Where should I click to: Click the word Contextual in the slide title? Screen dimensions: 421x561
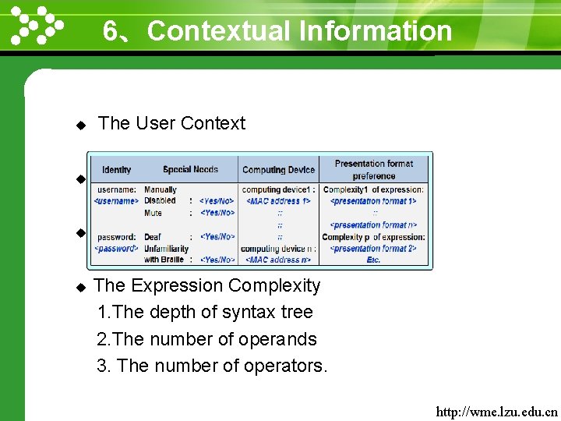tap(218, 31)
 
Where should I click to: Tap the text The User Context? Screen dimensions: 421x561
tap(171, 123)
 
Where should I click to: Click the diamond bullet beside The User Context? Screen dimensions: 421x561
tap(79, 125)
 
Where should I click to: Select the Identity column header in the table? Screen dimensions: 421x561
tap(116, 169)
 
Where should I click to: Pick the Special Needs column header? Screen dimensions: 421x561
tap(190, 169)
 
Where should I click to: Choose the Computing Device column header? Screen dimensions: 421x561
tap(278, 169)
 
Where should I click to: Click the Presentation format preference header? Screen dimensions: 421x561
tap(374, 169)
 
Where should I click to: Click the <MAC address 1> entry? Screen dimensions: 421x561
tap(278, 201)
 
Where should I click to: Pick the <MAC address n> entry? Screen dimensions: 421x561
tap(278, 260)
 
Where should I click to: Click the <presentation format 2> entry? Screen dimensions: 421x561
tap(373, 248)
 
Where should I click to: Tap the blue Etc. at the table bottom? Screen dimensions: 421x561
tap(373, 260)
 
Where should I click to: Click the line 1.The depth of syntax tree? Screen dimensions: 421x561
tap(205, 313)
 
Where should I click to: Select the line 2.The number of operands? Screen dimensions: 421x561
tap(206, 340)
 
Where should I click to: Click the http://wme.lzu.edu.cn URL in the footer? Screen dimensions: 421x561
tap(497, 411)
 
